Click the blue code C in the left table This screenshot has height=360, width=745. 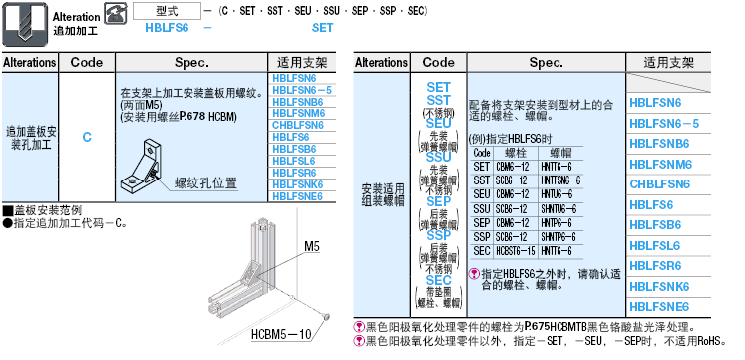(87, 136)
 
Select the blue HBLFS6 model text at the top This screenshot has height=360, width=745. (161, 28)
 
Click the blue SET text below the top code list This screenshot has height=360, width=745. (322, 28)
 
